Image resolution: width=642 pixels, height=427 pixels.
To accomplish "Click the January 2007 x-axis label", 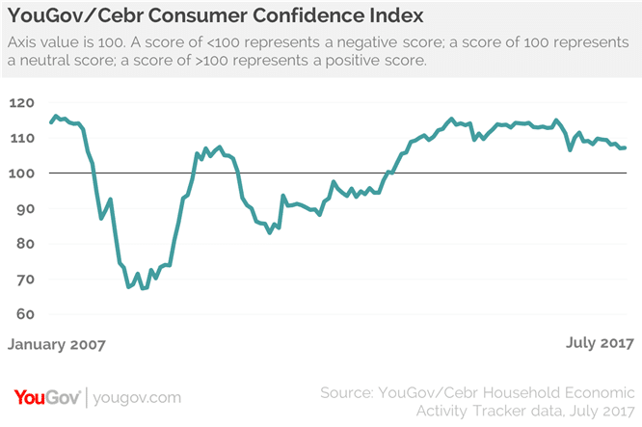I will click(56, 342).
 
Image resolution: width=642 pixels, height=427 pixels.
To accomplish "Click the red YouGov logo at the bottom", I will click(45, 396).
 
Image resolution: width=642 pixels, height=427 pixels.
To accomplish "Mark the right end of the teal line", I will click(626, 147).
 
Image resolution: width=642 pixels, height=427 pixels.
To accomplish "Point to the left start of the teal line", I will click(50, 122).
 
